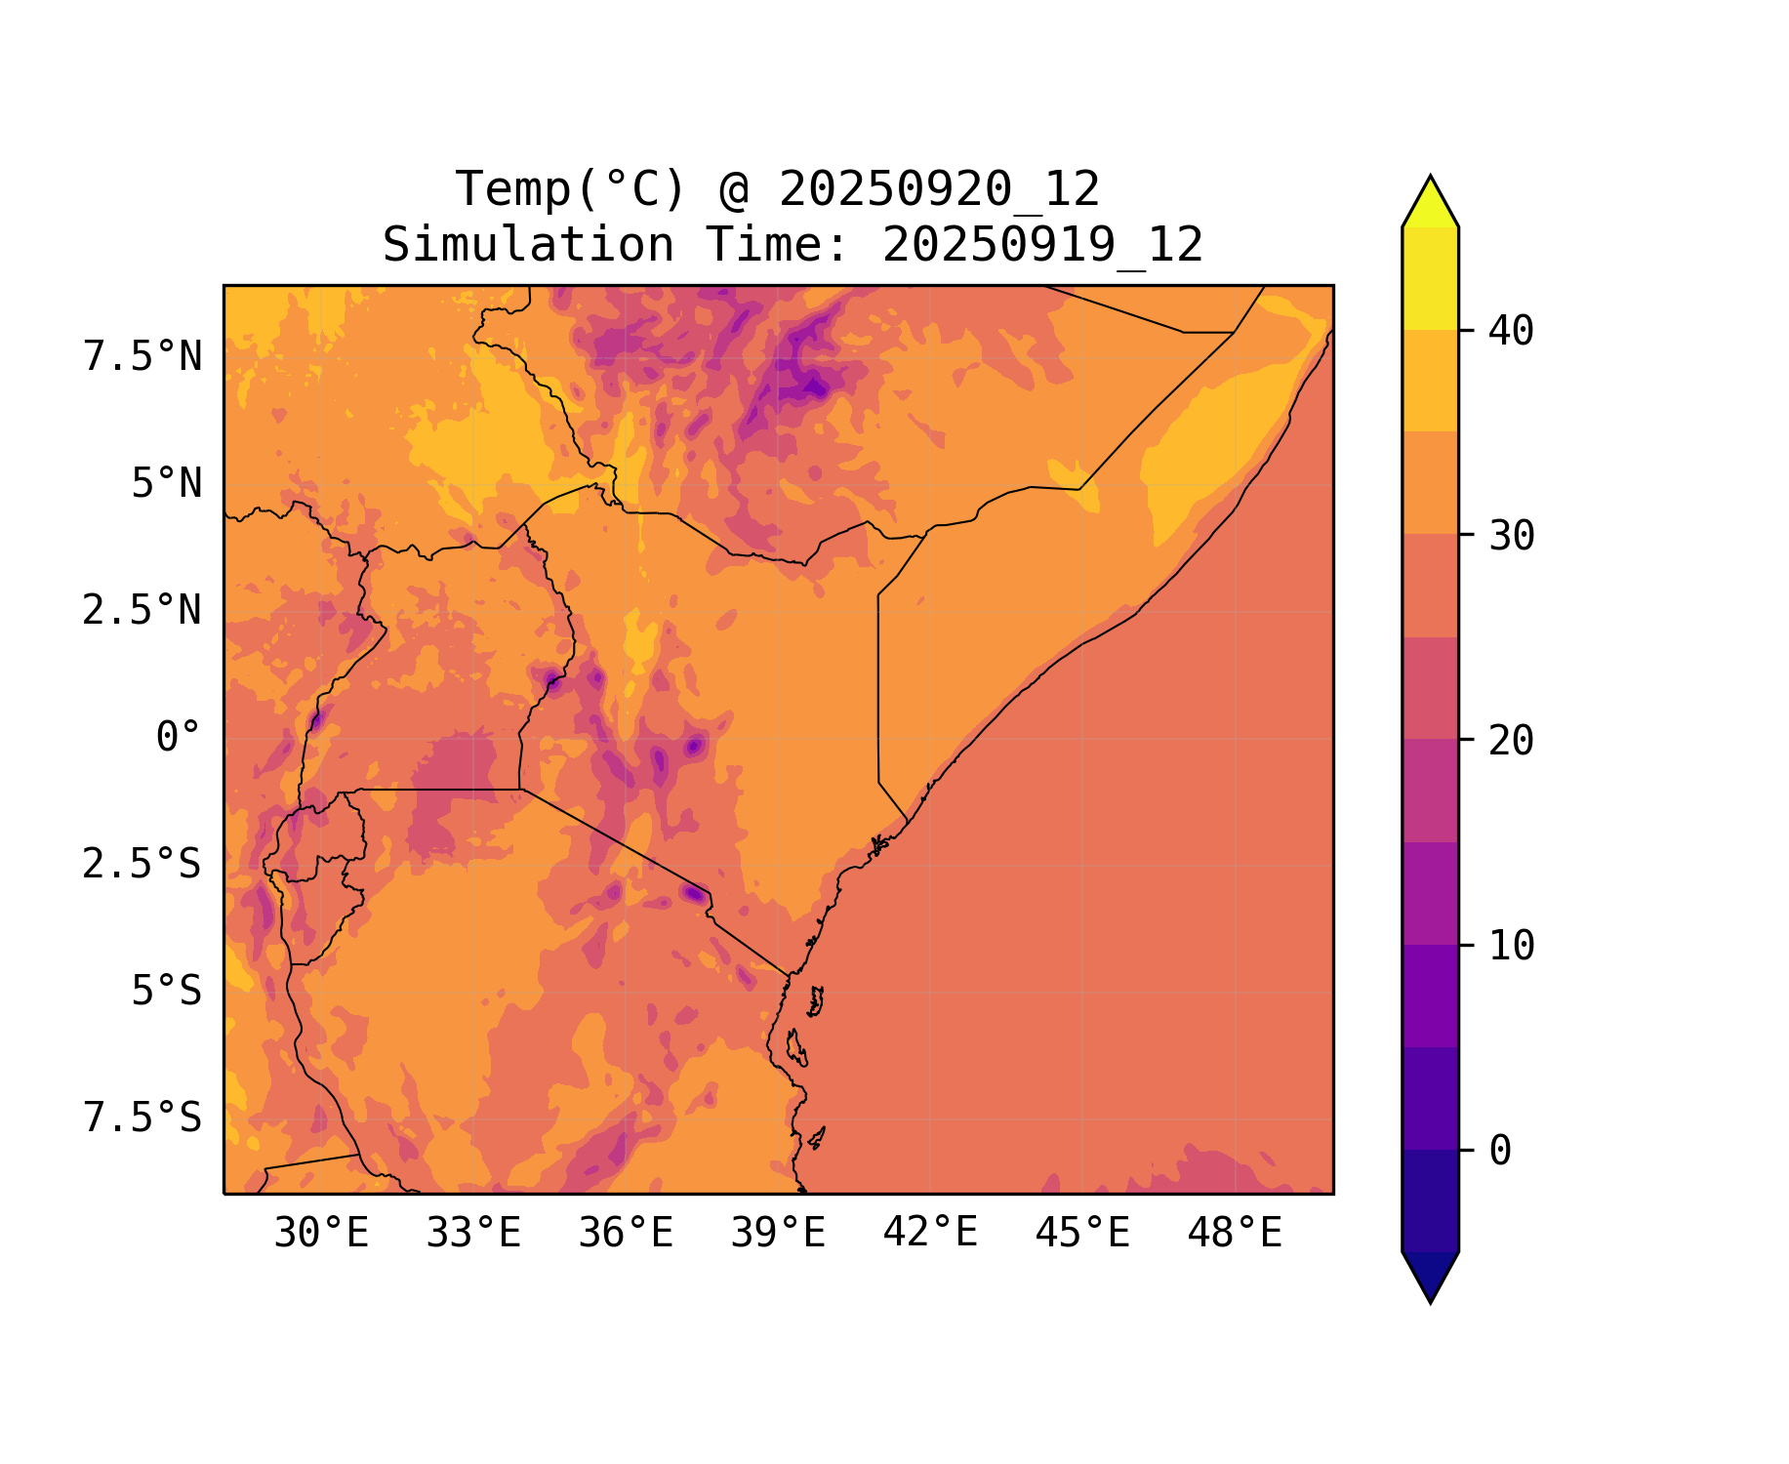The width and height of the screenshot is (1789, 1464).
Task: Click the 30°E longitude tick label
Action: (x=321, y=1234)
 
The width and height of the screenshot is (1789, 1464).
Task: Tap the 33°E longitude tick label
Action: (x=473, y=1234)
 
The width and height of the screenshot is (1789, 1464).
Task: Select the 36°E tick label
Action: (x=626, y=1234)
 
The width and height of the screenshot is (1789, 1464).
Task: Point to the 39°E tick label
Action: (x=778, y=1234)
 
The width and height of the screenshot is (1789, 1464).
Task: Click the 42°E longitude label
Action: (x=930, y=1233)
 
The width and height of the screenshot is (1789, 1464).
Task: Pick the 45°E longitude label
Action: (x=1082, y=1234)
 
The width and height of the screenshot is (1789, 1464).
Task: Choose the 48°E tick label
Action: (x=1235, y=1234)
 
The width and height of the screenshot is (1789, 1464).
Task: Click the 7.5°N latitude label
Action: (x=142, y=357)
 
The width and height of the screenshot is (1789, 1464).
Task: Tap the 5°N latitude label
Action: (x=167, y=484)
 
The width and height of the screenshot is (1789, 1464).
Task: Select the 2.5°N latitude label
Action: (x=142, y=611)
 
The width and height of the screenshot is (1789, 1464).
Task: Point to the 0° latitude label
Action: (x=179, y=738)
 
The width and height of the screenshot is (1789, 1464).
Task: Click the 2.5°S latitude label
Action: (x=142, y=865)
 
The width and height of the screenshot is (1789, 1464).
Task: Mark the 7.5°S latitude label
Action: (x=142, y=1118)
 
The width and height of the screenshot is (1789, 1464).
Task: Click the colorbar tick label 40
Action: (x=1511, y=331)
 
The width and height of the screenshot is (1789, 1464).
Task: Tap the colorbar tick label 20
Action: (x=1511, y=741)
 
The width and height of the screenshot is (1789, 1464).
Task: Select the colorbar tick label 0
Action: (x=1500, y=1151)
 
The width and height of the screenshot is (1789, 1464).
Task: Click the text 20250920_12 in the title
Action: (x=939, y=189)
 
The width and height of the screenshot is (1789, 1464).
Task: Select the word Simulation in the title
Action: (x=528, y=245)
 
